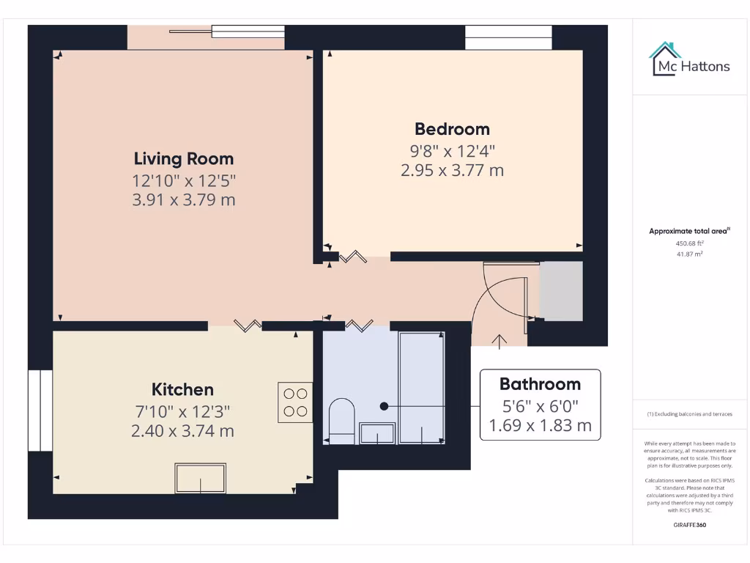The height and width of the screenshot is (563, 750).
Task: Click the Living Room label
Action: click(183, 158)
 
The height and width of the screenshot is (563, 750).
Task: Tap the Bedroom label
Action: click(452, 129)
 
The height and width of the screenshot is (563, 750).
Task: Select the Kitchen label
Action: click(182, 389)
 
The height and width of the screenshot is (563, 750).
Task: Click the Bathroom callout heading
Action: click(540, 383)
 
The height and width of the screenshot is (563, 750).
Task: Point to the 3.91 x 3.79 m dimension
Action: click(183, 199)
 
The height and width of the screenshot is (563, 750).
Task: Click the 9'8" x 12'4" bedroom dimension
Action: click(452, 151)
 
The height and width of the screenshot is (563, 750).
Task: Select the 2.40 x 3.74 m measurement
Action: click(182, 431)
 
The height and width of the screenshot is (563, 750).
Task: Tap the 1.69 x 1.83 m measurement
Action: click(540, 425)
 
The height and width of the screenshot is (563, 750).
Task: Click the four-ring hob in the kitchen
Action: click(295, 402)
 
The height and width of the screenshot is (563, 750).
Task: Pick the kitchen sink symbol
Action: click(200, 478)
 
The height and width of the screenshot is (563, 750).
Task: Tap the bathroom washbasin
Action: click(377, 433)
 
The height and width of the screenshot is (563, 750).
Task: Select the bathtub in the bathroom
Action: click(421, 387)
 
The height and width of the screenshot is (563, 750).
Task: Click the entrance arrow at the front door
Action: click(500, 339)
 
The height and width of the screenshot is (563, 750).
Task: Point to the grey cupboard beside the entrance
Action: click(561, 291)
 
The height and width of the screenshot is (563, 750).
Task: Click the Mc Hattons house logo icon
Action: click(665, 59)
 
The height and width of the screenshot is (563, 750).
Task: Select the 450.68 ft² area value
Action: click(689, 243)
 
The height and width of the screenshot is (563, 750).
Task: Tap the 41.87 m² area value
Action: click(689, 254)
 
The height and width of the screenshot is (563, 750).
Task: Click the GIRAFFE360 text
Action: click(689, 525)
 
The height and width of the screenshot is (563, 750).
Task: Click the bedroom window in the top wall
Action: click(508, 37)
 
